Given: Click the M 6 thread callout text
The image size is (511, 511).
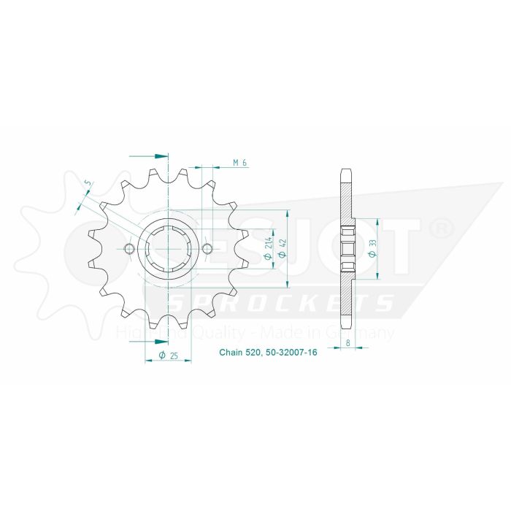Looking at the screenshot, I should point(239,162).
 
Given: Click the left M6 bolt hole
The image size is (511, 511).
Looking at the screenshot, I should point(130,250).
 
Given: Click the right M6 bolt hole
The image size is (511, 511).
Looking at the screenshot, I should point(207,250).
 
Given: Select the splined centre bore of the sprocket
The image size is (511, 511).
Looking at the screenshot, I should point(169,250).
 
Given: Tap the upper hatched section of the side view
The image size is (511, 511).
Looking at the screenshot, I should point(347,204).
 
